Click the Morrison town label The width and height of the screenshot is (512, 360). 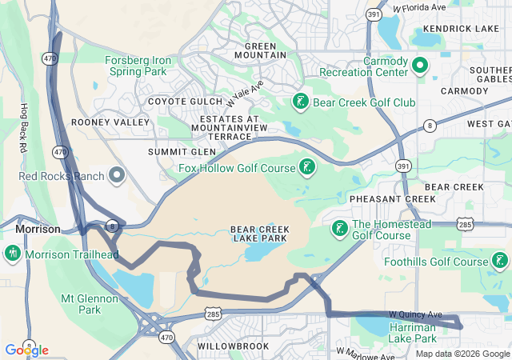pyautogui.click(x=38, y=229)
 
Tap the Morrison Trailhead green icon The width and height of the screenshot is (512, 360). pyautogui.click(x=12, y=254)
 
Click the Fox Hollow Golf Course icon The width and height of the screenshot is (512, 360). pyautogui.click(x=306, y=167)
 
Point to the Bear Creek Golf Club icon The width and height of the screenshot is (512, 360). pyautogui.click(x=300, y=102)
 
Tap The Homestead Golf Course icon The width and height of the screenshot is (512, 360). pyautogui.click(x=339, y=229)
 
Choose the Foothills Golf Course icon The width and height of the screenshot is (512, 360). pyautogui.click(x=499, y=261)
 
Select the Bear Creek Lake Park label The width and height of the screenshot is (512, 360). pyautogui.click(x=259, y=234)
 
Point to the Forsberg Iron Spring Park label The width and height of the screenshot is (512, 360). pyautogui.click(x=137, y=65)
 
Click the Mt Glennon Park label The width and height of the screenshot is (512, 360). pyautogui.click(x=91, y=303)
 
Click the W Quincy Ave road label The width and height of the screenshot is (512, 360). pyautogui.click(x=415, y=314)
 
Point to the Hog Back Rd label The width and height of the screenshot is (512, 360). pyautogui.click(x=24, y=128)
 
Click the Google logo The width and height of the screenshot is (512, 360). pyautogui.click(x=26, y=350)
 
